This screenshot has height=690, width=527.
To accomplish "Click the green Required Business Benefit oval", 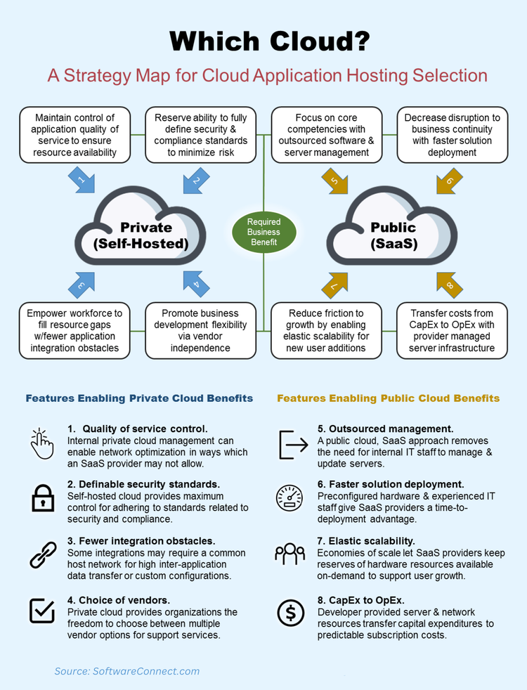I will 263,232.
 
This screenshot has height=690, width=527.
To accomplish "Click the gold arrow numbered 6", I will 448,181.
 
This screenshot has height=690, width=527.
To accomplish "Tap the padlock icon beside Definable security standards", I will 42,497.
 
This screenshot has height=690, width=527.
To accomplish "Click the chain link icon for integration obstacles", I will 42,555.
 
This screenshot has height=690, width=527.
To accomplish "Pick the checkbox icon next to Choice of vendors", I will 42,611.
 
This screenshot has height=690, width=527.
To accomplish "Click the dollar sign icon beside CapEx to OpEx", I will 289,613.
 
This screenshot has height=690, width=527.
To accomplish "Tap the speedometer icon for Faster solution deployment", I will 289,498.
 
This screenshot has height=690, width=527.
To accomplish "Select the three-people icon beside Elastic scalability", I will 289,554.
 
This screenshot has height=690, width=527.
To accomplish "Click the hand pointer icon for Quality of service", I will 42,443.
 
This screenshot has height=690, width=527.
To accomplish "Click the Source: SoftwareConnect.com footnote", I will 127,671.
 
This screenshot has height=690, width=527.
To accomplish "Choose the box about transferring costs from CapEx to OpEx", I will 452,330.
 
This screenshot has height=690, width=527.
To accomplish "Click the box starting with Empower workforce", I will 74,330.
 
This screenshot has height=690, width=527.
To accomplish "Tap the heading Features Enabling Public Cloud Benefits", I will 389,398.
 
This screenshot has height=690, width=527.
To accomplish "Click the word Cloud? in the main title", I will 320,41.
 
